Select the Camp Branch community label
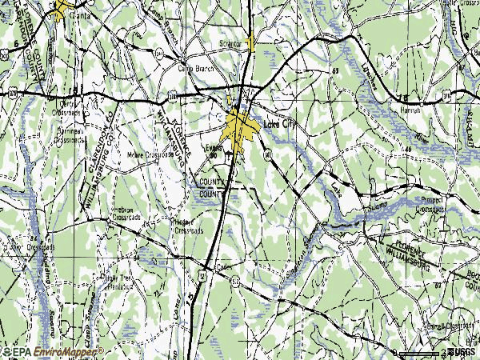point(192,68)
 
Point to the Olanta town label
point(78,14)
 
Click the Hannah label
point(409,110)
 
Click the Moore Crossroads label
point(150,155)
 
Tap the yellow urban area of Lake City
point(240,126)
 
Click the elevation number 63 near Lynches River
point(335,72)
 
